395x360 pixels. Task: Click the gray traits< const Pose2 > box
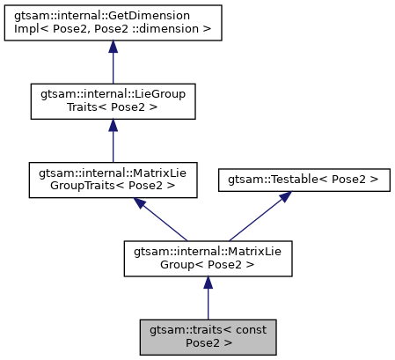click(x=208, y=335)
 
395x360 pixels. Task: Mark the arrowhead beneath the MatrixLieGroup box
click(x=208, y=282)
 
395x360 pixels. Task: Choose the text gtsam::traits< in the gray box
click(x=192, y=328)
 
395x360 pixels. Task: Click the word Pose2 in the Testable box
click(x=346, y=179)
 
